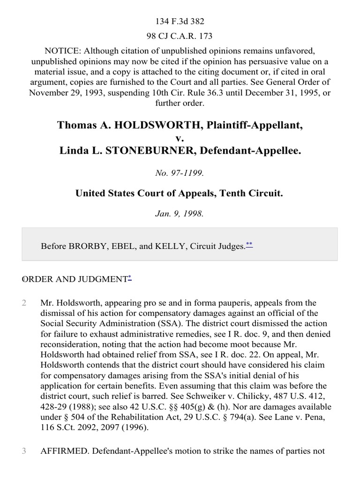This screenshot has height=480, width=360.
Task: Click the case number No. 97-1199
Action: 180,173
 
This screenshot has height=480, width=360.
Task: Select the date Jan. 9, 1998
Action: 180,213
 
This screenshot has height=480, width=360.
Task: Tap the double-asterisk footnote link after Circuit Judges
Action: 249,244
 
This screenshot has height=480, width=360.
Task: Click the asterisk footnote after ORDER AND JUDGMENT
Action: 129,278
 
